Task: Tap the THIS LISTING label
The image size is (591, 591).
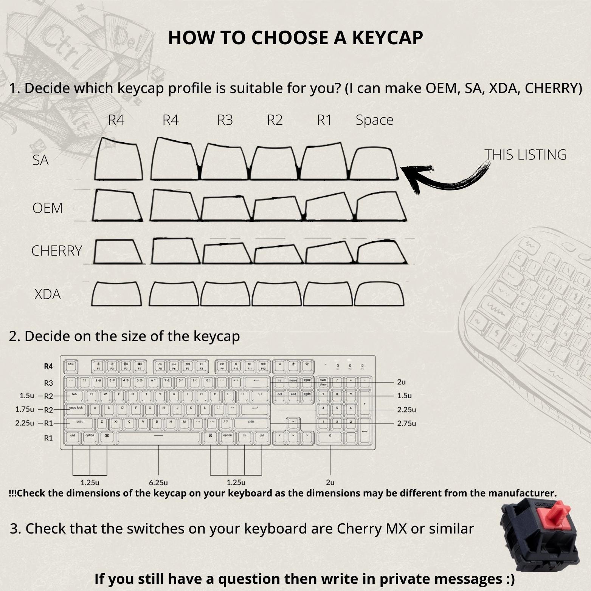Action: [525, 155]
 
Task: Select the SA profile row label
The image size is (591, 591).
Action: [40, 160]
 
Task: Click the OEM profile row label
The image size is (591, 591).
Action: [47, 208]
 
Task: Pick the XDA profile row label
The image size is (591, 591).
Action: [47, 294]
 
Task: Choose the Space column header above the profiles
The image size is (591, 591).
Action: [374, 120]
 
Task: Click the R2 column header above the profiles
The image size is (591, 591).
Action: [275, 120]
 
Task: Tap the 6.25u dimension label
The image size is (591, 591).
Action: [158, 482]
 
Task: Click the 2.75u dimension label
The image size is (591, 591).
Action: [406, 423]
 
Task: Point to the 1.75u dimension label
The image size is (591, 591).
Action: [25, 410]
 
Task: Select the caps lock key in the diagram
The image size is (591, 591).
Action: [76, 409]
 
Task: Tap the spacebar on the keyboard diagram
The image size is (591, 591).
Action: [158, 436]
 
